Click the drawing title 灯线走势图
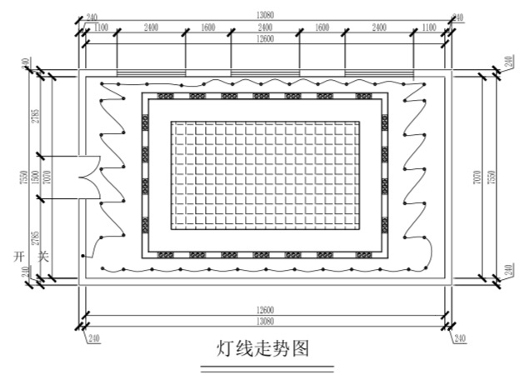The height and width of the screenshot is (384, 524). [263, 347]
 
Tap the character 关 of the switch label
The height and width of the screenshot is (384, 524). [43, 257]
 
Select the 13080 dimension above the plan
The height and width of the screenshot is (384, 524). [265, 14]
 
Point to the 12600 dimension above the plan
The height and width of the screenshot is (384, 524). [265, 39]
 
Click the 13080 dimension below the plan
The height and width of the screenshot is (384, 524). [265, 322]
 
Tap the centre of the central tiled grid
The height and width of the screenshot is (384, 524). [265, 177]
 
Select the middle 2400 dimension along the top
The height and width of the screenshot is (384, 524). [265, 28]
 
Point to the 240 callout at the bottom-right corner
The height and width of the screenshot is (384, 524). [460, 338]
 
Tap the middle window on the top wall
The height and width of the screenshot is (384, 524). [265, 74]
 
